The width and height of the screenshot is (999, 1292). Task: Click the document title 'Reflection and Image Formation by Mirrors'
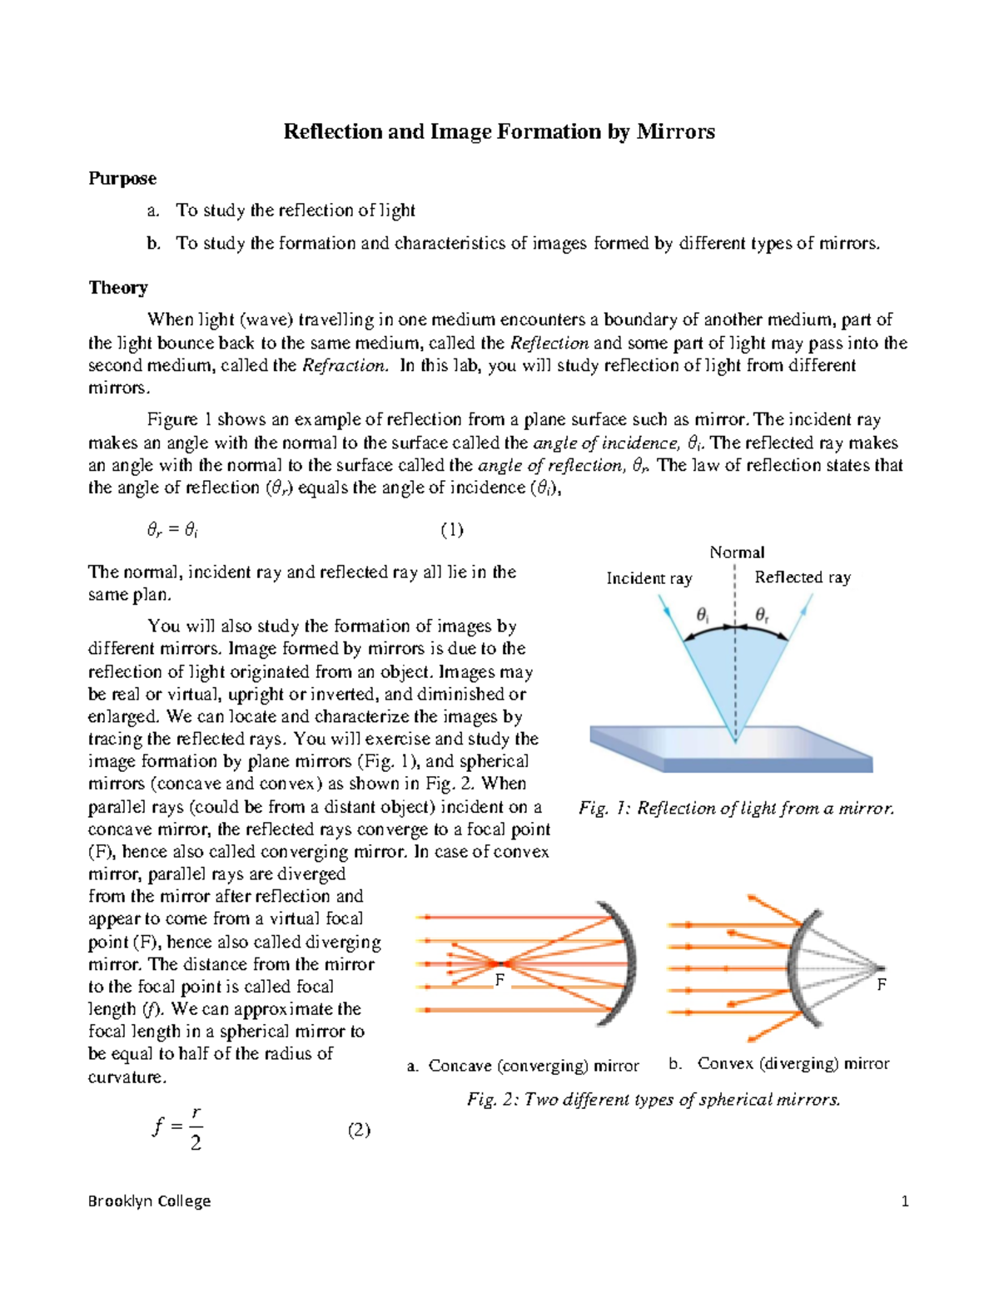[x=499, y=131]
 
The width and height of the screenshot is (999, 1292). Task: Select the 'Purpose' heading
[x=122, y=178]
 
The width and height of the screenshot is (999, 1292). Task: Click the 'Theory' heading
[x=118, y=288]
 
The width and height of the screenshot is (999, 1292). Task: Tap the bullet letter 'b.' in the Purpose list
[x=153, y=244]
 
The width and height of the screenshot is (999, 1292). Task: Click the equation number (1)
[x=451, y=530]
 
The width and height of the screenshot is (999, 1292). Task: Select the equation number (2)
[x=359, y=1130]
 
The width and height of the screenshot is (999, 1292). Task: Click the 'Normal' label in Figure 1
[x=737, y=552]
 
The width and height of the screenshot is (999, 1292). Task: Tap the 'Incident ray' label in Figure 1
[x=649, y=578]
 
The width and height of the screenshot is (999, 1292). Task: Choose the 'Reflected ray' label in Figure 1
[x=803, y=577]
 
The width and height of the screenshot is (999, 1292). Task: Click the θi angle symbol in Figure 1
[x=702, y=615]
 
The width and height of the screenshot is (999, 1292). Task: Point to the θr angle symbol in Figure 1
[x=762, y=615]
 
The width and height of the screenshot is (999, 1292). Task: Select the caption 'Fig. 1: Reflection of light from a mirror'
[x=736, y=808]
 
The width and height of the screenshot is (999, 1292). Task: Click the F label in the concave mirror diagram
[x=499, y=980]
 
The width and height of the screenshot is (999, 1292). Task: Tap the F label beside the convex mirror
[x=882, y=984]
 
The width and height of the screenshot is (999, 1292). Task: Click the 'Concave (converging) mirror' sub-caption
[x=533, y=1066]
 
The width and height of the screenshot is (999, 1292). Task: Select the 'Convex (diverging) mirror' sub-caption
[x=793, y=1063]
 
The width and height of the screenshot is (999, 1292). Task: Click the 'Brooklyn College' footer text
[x=150, y=1200]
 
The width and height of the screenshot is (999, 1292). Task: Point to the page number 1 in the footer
[x=905, y=1200]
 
